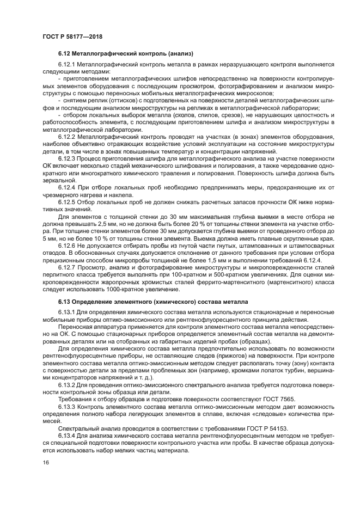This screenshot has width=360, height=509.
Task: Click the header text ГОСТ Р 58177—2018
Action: pos(72,36)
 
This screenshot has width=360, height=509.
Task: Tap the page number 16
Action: pos(45,462)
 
